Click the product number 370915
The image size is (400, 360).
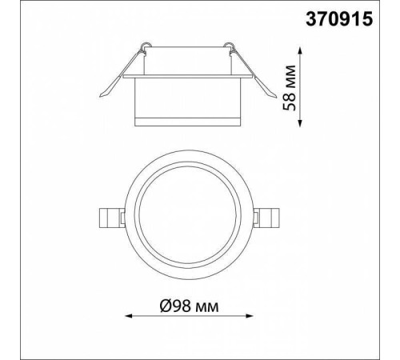pos(339,19)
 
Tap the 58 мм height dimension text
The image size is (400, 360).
pos(290,88)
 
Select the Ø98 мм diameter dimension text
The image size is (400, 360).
pos(189,306)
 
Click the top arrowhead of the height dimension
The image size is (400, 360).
pos(300,50)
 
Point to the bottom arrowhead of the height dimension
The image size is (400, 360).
pos(300,123)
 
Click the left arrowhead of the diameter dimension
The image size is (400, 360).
pos(129,316)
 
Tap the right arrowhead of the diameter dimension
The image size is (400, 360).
pos(250,316)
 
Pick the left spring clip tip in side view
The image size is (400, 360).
pos(102,95)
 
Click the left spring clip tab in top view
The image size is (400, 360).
pos(112,218)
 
